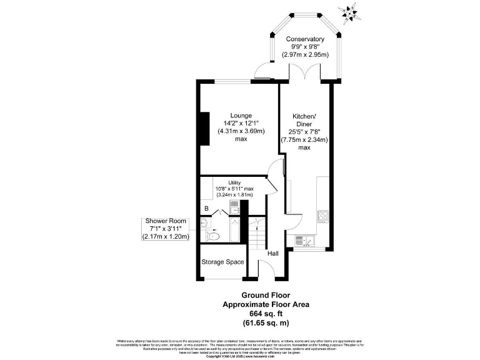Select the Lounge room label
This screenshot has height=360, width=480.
pyautogui.click(x=241, y=116)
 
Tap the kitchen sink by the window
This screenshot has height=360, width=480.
pyautogui.click(x=301, y=240)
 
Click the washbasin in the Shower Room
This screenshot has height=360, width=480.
pyautogui.click(x=205, y=223)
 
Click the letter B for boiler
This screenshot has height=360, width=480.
pyautogui.click(x=206, y=209)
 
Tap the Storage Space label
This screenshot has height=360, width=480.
pyautogui.click(x=222, y=262)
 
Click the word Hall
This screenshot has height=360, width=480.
pyautogui.click(x=273, y=254)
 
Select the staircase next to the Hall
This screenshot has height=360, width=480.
pyautogui.click(x=256, y=237)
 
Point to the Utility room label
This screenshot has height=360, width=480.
pyautogui.click(x=234, y=182)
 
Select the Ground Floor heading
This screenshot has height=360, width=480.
pyautogui.click(x=266, y=295)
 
